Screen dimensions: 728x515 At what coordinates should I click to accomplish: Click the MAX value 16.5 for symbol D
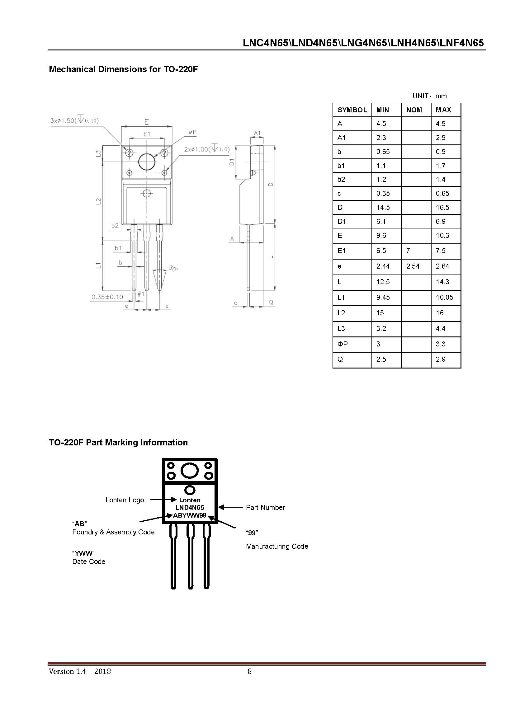coord(442,207)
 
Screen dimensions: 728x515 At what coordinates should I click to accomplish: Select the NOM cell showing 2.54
coord(413,266)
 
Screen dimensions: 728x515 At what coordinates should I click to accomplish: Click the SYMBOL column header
coord(352,110)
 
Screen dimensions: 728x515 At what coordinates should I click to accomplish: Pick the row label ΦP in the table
coord(343,344)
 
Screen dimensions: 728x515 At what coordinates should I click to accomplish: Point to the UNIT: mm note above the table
coord(429,96)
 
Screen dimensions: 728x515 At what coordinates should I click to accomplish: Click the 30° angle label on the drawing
coord(173,269)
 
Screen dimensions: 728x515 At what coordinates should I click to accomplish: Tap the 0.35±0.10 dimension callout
coord(107,297)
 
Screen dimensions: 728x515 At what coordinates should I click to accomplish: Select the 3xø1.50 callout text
coord(74,120)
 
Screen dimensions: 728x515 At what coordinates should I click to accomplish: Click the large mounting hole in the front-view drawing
coord(147,162)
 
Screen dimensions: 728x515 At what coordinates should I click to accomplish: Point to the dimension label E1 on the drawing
coord(147,134)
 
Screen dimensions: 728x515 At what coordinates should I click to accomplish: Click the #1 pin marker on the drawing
coord(140,294)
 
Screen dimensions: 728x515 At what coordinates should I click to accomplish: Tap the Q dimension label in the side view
coord(271,302)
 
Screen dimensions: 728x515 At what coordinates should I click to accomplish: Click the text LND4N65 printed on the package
coord(190,508)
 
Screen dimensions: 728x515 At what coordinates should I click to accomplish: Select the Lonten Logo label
coord(125,500)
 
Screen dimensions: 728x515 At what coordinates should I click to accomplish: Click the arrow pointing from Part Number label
coord(230,507)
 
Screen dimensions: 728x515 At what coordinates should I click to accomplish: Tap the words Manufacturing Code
coord(277,546)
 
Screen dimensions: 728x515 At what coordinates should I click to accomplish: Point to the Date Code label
coord(88,561)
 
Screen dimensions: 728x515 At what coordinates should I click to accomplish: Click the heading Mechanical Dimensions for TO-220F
coord(123,69)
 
